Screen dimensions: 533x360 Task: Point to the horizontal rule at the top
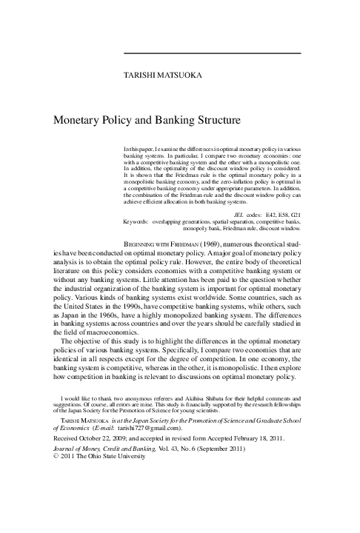coord(211,53)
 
